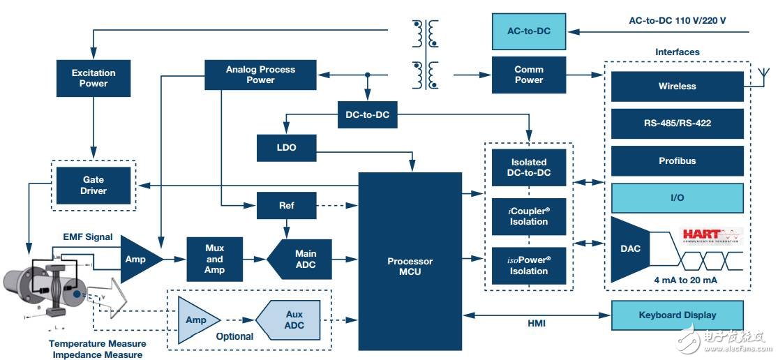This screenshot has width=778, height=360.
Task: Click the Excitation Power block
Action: click(x=93, y=78)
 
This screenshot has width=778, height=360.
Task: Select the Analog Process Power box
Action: click(x=260, y=75)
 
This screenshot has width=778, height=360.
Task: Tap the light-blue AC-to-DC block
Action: click(x=529, y=32)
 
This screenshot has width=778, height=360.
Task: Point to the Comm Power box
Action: click(x=529, y=75)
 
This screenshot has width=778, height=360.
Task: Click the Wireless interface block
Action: click(x=677, y=87)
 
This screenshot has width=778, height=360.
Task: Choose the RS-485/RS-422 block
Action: click(x=677, y=123)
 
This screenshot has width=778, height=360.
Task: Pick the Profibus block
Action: click(x=677, y=161)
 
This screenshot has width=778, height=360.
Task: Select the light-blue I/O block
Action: click(x=677, y=198)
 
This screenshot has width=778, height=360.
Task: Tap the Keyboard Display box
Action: click(x=677, y=315)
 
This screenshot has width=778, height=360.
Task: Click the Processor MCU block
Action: click(x=410, y=261)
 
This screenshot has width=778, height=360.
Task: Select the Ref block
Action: click(x=286, y=206)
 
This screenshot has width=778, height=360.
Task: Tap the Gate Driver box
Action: click(x=93, y=186)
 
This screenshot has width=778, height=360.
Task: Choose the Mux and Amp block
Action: click(x=214, y=259)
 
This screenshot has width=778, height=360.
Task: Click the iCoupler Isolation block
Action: click(x=529, y=216)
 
